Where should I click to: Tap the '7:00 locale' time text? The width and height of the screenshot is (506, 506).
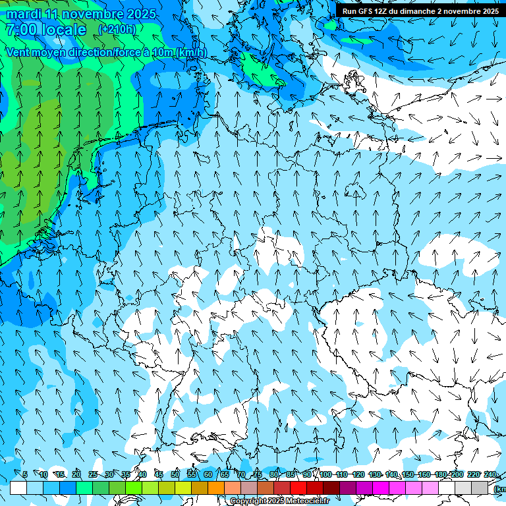click(x=46, y=30)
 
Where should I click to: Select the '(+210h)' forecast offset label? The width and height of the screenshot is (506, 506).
click(x=117, y=30)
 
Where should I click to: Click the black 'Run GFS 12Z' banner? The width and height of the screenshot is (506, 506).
click(x=420, y=11)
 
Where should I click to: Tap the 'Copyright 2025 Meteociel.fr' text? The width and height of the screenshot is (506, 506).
click(x=280, y=501)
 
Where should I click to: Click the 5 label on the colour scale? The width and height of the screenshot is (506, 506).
click(x=25, y=474)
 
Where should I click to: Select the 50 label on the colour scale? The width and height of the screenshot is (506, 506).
click(x=175, y=474)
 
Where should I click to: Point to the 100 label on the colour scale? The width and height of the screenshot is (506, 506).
click(x=325, y=474)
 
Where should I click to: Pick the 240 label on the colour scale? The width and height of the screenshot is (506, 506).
click(x=490, y=474)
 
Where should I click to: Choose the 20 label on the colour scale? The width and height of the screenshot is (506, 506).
click(x=76, y=474)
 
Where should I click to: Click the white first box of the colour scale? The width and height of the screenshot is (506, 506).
click(x=18, y=488)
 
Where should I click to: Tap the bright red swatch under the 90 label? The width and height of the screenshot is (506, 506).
click(x=298, y=488)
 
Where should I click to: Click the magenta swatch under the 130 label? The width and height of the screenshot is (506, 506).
click(x=381, y=488)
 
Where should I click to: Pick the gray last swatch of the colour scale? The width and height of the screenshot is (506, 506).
click(x=480, y=488)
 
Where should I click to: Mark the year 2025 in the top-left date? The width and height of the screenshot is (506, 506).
click(x=142, y=14)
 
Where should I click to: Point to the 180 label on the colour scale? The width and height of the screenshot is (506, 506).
click(x=441, y=474)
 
